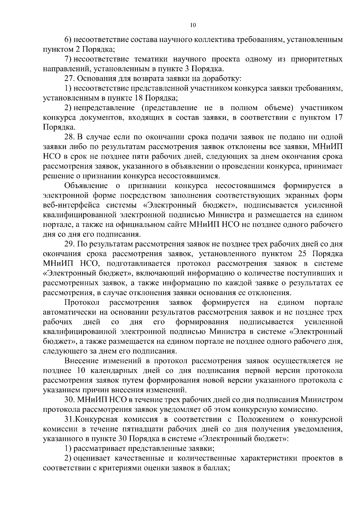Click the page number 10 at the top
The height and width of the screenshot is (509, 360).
[x=193, y=25]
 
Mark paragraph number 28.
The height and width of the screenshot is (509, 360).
[x=70, y=137]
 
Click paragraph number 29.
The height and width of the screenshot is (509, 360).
[x=70, y=244]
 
